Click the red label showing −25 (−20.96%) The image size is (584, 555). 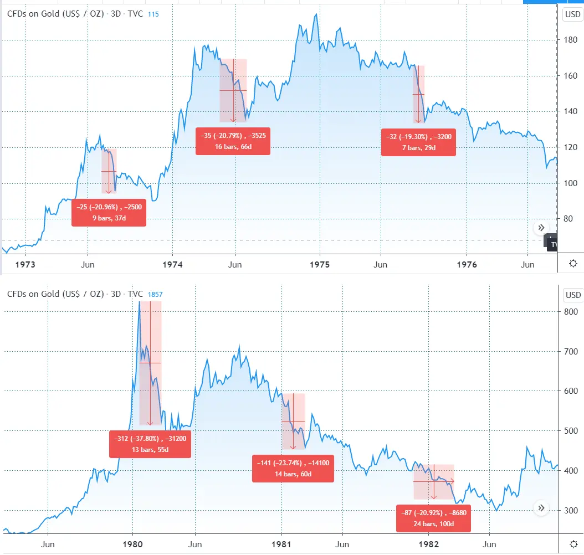pos(109,212)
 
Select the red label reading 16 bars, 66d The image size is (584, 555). pos(233,141)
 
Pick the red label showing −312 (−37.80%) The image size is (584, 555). pos(150,444)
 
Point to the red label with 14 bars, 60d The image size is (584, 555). pos(293,469)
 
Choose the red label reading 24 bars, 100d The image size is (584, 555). pos(433,518)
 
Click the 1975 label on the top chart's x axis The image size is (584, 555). pos(320,265)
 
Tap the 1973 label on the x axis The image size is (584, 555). pos(25,265)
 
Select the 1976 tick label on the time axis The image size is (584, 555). pos(467,265)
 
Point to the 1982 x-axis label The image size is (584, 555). pos(429,544)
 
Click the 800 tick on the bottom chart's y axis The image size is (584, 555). pos(571,312)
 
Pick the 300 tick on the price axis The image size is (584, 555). pos(571,511)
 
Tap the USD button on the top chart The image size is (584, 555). pos(572,15)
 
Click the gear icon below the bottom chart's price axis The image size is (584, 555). pos(573,544)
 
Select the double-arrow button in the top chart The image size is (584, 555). pos(541,228)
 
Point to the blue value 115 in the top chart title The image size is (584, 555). pos(153,14)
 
